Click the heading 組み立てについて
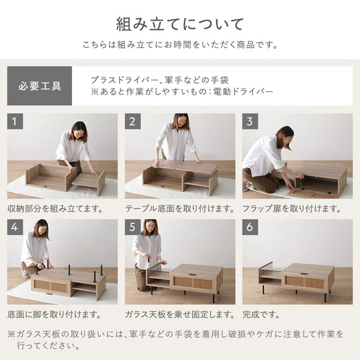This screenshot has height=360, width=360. click(180, 24)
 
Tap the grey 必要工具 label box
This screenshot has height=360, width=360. click(40, 86)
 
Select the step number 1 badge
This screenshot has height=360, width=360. click(15, 121)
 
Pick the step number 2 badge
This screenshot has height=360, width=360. click(133, 121)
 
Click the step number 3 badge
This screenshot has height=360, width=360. click(250, 121)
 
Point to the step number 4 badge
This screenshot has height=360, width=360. click(15, 227)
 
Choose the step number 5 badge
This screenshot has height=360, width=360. click(133, 227)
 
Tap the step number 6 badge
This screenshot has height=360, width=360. click(250, 227)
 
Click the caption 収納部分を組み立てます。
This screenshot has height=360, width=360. click(55, 209)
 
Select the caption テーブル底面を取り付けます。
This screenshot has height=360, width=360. click(180, 209)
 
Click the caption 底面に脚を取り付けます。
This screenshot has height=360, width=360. click(54, 314)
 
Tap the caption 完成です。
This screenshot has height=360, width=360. click(261, 314)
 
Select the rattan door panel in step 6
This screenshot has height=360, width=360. click(304, 282)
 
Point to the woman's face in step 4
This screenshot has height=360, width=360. click(44, 229)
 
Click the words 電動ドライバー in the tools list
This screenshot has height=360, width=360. click(244, 92)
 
